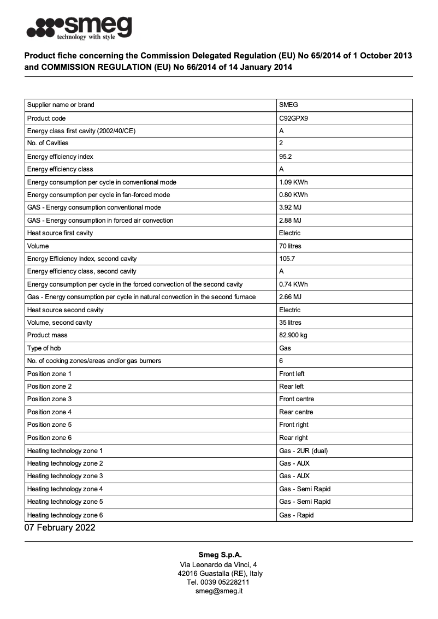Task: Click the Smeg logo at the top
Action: coord(79,28)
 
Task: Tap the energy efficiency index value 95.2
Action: coord(286,157)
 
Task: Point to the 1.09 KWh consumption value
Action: coord(293,182)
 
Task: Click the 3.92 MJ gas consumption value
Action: coord(290,207)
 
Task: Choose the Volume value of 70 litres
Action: coord(290,246)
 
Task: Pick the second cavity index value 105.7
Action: coord(287,259)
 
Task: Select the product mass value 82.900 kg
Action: coord(293,335)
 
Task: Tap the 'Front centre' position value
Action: coord(297,399)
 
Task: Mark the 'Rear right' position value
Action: coord(293,438)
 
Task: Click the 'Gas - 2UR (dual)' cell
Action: coord(303,451)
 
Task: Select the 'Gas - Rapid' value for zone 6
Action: coord(297,515)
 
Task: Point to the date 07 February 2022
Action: coord(60,528)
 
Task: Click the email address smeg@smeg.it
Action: coord(219,591)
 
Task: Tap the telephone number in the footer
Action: coord(218,582)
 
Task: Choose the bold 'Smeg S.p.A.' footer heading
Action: coord(218,555)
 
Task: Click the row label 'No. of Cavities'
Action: coord(48,143)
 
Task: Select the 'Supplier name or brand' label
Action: coord(61,105)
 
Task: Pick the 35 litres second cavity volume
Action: coord(290,323)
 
